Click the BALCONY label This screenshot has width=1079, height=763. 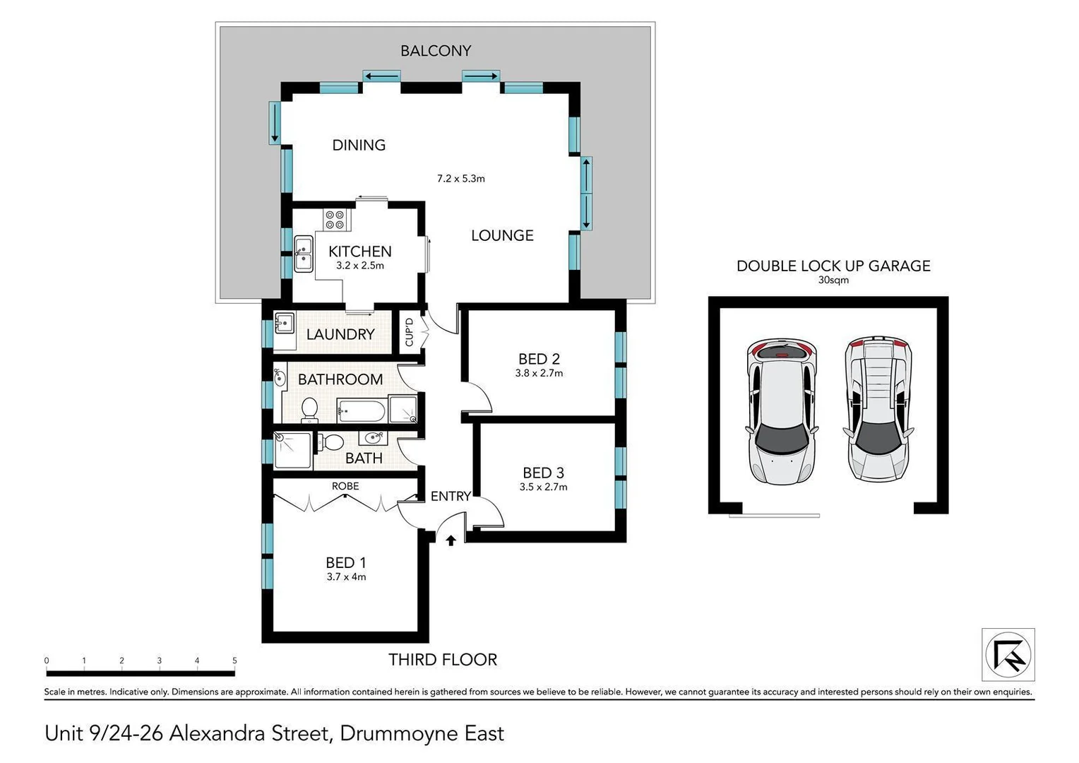[435, 51]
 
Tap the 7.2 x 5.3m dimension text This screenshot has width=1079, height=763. [460, 179]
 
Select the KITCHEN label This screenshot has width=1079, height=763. [359, 252]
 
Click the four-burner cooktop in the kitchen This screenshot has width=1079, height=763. [335, 220]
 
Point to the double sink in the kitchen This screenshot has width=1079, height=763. [304, 254]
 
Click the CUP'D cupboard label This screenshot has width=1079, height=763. [409, 332]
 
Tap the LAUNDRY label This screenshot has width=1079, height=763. [340, 334]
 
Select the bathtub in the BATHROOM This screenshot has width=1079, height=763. [361, 410]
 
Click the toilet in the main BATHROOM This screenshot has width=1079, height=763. [309, 409]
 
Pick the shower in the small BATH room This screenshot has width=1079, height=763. [292, 450]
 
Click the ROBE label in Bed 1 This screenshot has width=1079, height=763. [345, 486]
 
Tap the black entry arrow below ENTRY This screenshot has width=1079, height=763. [451, 540]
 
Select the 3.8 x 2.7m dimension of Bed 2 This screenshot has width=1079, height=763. [539, 373]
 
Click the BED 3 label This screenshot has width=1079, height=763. [543, 473]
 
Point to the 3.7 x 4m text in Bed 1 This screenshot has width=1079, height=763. [346, 576]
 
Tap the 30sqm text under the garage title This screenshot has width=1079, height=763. [833, 280]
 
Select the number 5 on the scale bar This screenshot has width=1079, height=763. [234, 661]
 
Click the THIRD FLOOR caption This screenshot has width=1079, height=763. [443, 659]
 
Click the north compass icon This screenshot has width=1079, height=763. [1008, 655]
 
